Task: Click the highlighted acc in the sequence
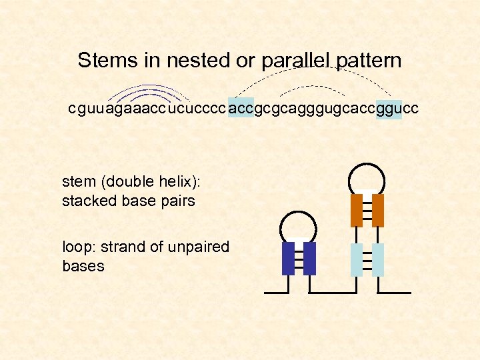click(x=241, y=109)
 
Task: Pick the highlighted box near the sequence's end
click(x=389, y=109)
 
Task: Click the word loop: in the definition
click(x=77, y=247)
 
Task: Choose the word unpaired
click(x=201, y=247)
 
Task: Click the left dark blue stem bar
click(x=289, y=259)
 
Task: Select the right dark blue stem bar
click(x=309, y=259)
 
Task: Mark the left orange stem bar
click(x=356, y=210)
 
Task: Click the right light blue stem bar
click(x=378, y=260)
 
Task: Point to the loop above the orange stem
click(x=367, y=176)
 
